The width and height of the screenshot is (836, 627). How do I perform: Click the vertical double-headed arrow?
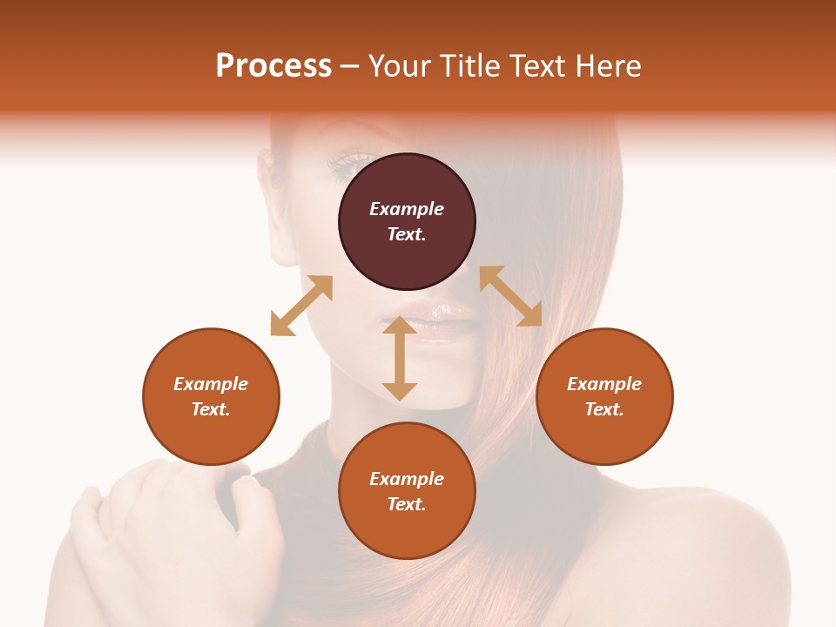400,358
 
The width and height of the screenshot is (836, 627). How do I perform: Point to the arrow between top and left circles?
301,306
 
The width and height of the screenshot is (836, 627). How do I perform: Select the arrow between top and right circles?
510,296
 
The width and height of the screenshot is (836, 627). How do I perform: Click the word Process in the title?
273,66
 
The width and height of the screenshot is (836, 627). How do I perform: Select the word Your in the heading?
396,66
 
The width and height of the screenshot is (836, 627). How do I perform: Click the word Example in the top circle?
407,209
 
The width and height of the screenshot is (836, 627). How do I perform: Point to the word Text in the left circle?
211,409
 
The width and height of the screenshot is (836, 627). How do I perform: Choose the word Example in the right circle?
604,384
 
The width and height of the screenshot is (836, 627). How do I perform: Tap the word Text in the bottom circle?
407,504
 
